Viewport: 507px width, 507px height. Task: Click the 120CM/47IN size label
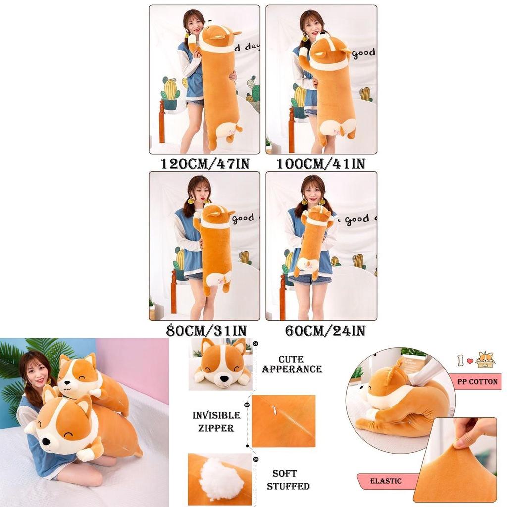[204, 164]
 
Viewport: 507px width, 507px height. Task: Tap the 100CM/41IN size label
[320, 164]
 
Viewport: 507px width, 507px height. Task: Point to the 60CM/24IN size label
[325, 330]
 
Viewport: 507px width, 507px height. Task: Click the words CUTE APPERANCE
[292, 364]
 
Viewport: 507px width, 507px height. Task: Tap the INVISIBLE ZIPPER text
[216, 421]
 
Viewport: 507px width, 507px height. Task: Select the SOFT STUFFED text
[288, 479]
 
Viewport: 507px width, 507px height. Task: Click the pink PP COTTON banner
[476, 382]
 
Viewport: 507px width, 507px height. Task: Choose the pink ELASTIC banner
[386, 481]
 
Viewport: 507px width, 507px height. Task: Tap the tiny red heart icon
[470, 360]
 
